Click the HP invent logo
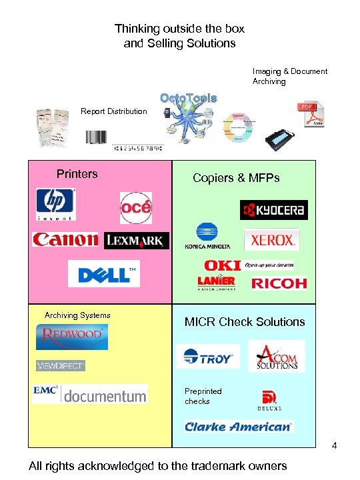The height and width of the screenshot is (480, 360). tap(56, 203)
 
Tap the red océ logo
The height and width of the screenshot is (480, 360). tap(136, 208)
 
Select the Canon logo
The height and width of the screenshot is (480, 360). tap(65, 240)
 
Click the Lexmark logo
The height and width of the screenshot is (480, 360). tap(137, 241)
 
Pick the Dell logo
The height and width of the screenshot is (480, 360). tap(104, 273)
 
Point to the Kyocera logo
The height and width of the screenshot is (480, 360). tap(273, 210)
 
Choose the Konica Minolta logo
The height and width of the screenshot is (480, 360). tap(207, 237)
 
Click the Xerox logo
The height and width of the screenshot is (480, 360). tap(271, 240)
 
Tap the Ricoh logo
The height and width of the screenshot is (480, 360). tap(279, 283)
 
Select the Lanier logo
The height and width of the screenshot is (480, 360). tap(216, 283)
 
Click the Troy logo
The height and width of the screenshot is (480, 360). tap(208, 357)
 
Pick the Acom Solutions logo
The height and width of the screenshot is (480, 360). tap(277, 357)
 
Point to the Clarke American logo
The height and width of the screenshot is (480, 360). tap(239, 426)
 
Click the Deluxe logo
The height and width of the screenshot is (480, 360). tap(270, 400)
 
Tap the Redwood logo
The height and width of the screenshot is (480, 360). tap(72, 336)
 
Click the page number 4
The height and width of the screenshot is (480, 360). tap(335, 445)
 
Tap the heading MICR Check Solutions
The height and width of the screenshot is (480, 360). tap(245, 322)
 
